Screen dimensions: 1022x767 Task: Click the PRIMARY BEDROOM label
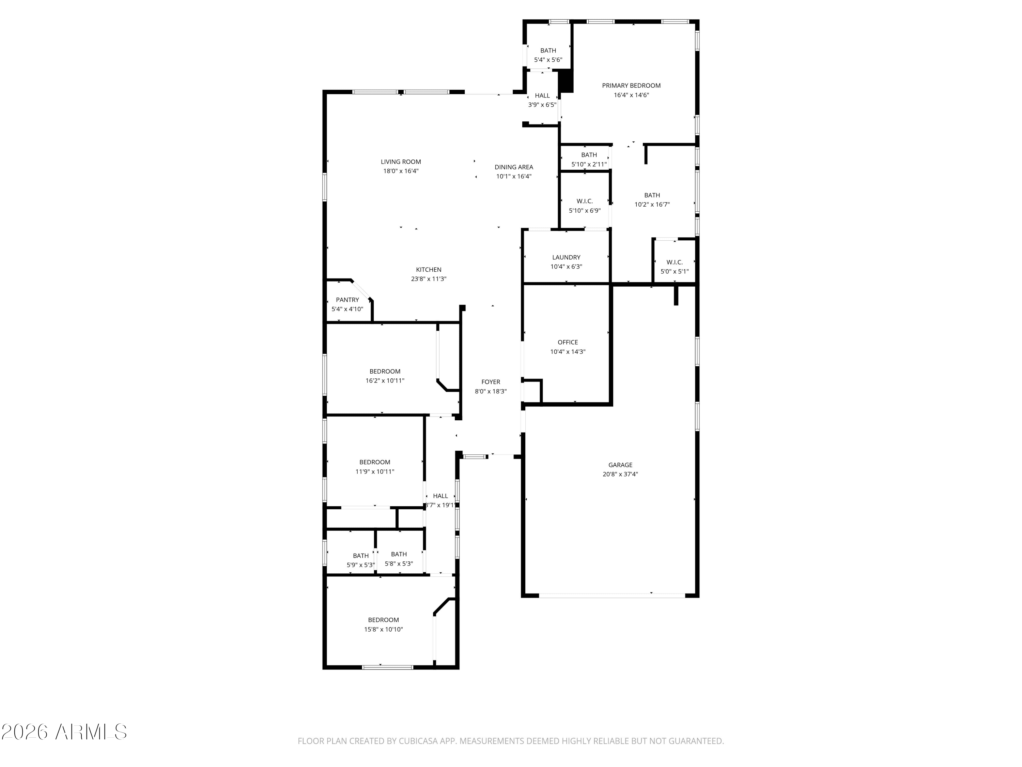[631, 86]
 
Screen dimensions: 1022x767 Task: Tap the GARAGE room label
[620, 465]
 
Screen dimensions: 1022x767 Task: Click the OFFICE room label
[568, 342]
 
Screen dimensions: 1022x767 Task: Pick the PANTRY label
[347, 300]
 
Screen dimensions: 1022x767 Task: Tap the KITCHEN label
[429, 270]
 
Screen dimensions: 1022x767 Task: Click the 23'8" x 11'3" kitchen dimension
[429, 279]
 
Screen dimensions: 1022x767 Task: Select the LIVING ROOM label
[401, 162]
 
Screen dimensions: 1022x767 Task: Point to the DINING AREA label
[514, 167]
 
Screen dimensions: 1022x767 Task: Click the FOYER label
[491, 382]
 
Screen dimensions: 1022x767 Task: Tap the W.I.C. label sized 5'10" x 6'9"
[585, 201]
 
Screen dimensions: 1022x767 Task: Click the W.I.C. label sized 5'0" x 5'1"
[675, 262]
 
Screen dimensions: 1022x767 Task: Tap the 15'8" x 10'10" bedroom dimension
[384, 629]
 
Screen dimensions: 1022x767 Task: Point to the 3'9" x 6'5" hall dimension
[542, 105]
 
